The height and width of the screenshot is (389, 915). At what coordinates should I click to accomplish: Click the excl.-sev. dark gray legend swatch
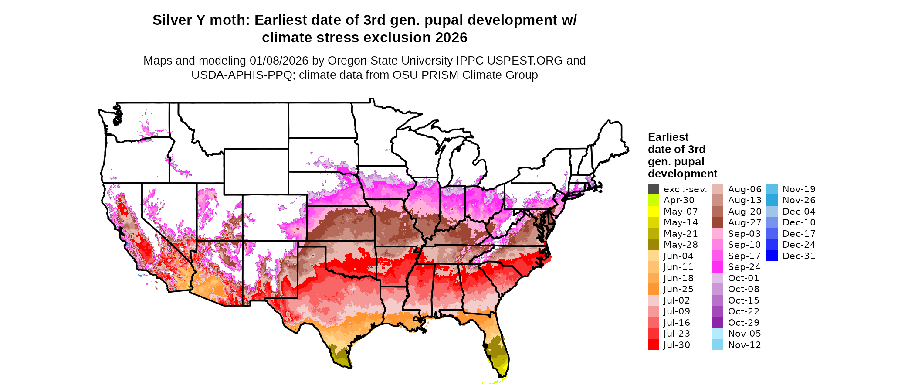pos(653,189)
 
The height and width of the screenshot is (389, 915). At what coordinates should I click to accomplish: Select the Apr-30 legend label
pos(679,200)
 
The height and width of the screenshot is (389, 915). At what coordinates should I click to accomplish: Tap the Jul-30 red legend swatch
pos(653,345)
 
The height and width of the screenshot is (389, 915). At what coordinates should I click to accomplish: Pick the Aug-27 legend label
pos(745,222)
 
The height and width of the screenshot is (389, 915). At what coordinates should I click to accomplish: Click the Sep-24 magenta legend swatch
pos(718,267)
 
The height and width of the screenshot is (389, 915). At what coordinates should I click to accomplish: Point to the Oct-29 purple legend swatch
pos(718,323)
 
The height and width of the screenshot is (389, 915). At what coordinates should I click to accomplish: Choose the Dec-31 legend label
pos(799,256)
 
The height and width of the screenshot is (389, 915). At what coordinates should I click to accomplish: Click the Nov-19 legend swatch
pos(772,189)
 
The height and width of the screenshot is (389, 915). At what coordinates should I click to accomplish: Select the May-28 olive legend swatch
pos(653,245)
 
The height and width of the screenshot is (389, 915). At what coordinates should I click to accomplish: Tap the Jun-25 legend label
pos(678,289)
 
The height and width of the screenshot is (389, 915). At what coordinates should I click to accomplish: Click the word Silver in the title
pos(173,20)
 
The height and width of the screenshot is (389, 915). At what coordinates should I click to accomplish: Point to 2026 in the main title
pos(451,38)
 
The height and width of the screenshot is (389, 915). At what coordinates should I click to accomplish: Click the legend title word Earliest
pos(668,137)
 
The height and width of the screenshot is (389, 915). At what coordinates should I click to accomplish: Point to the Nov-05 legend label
pos(744,334)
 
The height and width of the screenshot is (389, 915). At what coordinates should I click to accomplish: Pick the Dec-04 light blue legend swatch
pos(772,212)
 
